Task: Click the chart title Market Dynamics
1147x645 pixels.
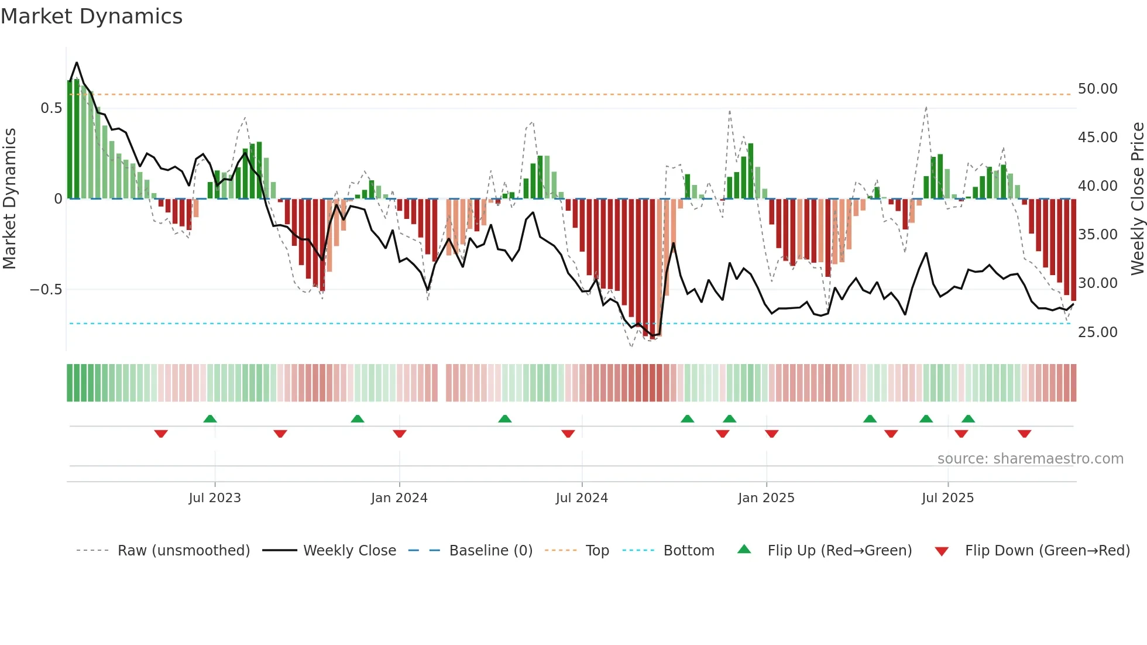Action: click(x=91, y=16)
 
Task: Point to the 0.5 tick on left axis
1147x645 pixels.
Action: click(x=51, y=108)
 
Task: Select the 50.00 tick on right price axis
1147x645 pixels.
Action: click(x=1097, y=89)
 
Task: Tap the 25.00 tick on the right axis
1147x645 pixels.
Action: click(x=1097, y=332)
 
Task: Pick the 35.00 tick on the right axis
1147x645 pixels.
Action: click(x=1097, y=235)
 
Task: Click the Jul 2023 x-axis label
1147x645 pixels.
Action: click(x=215, y=498)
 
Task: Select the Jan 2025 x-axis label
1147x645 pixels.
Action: click(x=766, y=498)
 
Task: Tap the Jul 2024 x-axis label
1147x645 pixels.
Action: click(x=582, y=498)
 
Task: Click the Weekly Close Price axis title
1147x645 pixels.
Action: click(x=1137, y=199)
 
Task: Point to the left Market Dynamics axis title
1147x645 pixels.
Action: click(x=9, y=199)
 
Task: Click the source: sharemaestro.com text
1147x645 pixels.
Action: click(x=1030, y=459)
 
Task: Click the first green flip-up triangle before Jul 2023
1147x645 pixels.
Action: click(x=210, y=418)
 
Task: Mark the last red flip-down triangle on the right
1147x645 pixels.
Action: click(x=1024, y=434)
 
